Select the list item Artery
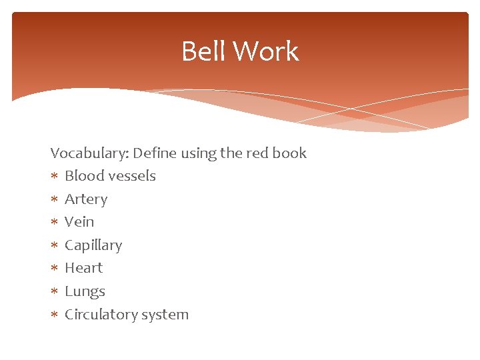click(x=86, y=199)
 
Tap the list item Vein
click(x=79, y=222)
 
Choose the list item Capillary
click(x=93, y=245)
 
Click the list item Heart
click(x=83, y=268)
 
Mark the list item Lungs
click(x=85, y=291)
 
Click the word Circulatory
click(x=101, y=315)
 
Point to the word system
click(x=165, y=315)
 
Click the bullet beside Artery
click(x=54, y=199)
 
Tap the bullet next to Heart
click(x=54, y=269)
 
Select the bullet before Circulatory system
click(x=54, y=315)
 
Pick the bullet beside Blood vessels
click(x=54, y=177)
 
